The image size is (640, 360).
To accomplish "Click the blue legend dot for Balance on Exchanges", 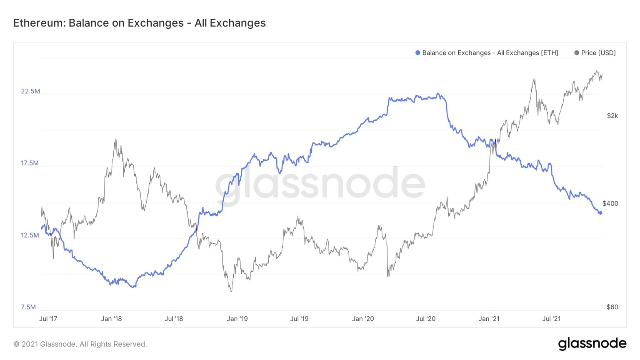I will pyautogui.click(x=417, y=53).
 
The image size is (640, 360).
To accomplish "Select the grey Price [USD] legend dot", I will pyautogui.click(x=577, y=53).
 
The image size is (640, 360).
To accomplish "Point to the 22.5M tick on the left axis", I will pyautogui.click(x=30, y=91).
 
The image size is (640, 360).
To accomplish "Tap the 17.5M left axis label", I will pyautogui.click(x=30, y=163).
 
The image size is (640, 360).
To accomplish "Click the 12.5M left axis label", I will pyautogui.click(x=30, y=235).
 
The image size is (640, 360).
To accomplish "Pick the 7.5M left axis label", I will pyautogui.click(x=28, y=307).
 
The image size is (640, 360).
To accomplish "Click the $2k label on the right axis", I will pyautogui.click(x=612, y=116).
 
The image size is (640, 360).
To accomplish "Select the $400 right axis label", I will pyautogui.click(x=610, y=204).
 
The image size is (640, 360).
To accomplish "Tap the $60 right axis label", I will pyautogui.click(x=612, y=307).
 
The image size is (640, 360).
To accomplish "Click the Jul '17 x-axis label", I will pyautogui.click(x=48, y=319).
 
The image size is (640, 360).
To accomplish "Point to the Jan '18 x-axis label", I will pyautogui.click(x=111, y=319).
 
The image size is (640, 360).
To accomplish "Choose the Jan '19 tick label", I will pyautogui.click(x=237, y=319).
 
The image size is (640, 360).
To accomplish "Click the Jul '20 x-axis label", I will pyautogui.click(x=425, y=319).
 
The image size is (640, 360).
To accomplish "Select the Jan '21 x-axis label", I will pyautogui.click(x=489, y=319).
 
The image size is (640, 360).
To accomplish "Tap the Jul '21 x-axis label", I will pyautogui.click(x=551, y=319).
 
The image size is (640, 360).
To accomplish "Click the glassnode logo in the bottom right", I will pyautogui.click(x=592, y=343).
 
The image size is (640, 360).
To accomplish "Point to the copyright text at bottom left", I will pyautogui.click(x=80, y=344).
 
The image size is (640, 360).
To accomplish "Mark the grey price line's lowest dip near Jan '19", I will pyautogui.click(x=231, y=291).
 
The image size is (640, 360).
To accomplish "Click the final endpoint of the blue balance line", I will pyautogui.click(x=602, y=214).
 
